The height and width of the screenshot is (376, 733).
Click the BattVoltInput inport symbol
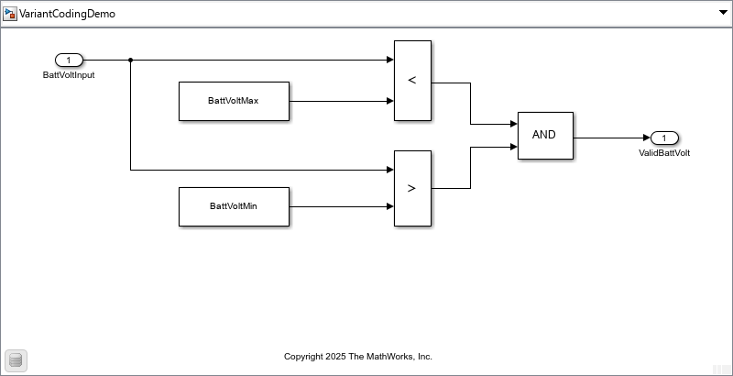pos(69,61)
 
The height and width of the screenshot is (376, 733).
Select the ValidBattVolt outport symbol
pos(664,138)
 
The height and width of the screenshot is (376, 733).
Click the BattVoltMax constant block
pos(234,101)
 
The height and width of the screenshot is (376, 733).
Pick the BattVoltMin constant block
pos(234,206)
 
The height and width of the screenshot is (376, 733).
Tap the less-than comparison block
pos(412,81)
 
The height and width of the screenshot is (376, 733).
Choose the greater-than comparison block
pos(412,188)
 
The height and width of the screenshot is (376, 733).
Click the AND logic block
pos(545,135)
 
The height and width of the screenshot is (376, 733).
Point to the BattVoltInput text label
pos(69,75)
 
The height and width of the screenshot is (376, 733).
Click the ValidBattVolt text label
pos(664,153)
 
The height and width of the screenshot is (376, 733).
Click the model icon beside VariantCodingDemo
pos(11,14)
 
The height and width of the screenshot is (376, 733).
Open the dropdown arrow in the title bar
pos(721,14)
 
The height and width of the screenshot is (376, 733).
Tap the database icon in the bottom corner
pos(16,360)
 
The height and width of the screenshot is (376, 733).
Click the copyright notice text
pos(358,357)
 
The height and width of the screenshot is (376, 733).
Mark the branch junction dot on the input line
pos(131,61)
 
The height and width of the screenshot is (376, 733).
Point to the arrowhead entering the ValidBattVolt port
pos(646,138)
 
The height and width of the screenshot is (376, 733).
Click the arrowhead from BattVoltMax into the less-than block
pos(389,101)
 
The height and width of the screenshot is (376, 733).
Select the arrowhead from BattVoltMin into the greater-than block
pos(389,206)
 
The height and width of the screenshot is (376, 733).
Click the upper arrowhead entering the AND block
pos(513,124)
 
